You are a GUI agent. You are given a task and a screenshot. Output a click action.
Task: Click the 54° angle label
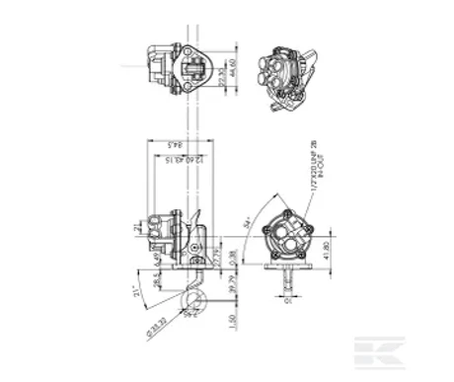click(244, 228)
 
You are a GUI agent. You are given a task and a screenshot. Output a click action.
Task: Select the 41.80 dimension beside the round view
click(327, 255)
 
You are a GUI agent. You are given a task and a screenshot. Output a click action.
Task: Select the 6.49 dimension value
click(158, 260)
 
